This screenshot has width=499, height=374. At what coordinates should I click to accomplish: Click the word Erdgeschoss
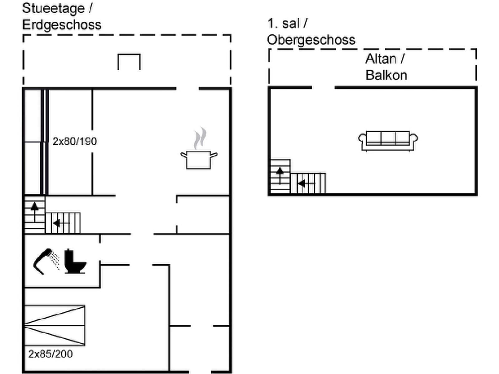[x=62, y=25]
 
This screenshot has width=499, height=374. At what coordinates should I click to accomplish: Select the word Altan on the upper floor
[x=381, y=59]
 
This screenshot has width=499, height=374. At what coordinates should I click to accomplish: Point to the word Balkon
[x=386, y=75]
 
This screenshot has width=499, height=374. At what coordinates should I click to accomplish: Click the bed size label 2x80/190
[x=75, y=141]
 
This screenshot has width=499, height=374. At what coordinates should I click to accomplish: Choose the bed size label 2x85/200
[x=51, y=354]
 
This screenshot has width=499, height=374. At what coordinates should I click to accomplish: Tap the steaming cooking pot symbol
[x=199, y=148]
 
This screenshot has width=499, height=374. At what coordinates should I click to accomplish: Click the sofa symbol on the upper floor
[x=388, y=141]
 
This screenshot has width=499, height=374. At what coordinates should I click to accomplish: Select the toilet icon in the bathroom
[x=75, y=261]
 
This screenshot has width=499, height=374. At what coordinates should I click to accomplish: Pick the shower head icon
[x=46, y=261]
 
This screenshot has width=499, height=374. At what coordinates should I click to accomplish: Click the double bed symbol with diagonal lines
[x=55, y=326]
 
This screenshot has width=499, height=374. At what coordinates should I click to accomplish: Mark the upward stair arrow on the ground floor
[x=35, y=213]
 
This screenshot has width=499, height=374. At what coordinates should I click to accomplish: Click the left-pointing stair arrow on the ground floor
[x=61, y=223]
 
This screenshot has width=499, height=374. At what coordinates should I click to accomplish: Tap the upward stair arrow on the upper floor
[x=280, y=176]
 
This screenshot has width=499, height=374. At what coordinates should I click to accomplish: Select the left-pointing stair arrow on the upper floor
[x=307, y=183]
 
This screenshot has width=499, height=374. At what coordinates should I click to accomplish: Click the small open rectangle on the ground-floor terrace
[x=129, y=62]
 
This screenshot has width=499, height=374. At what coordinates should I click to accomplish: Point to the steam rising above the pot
[x=200, y=138]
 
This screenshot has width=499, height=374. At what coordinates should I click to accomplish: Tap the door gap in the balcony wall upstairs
[x=323, y=88]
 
